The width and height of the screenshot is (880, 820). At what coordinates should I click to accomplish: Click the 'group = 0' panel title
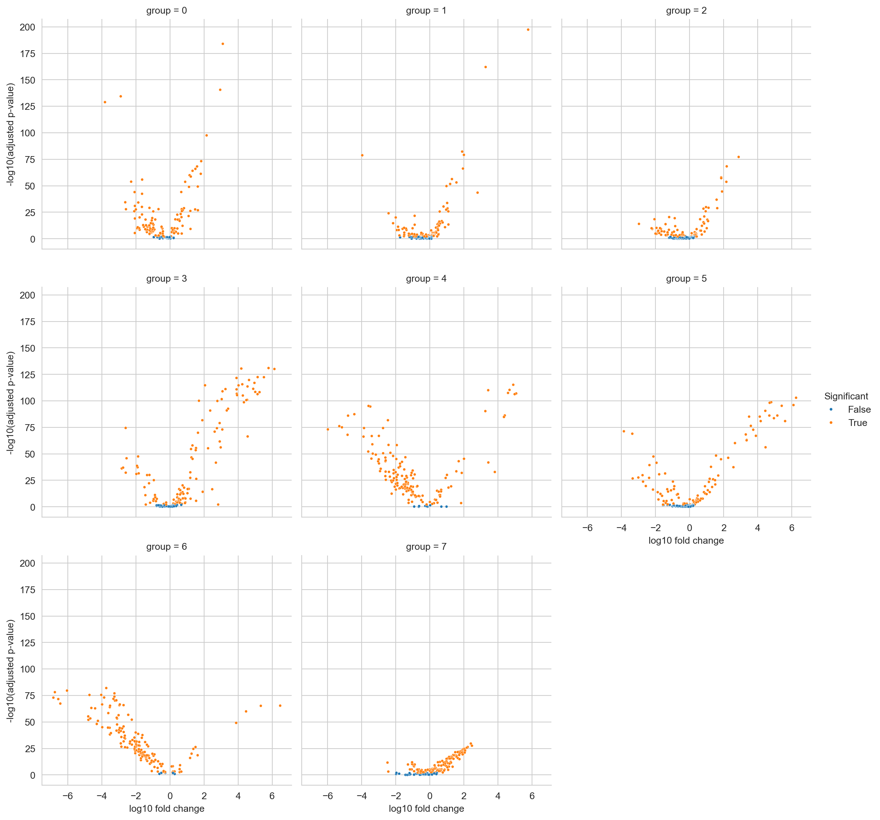tap(166, 11)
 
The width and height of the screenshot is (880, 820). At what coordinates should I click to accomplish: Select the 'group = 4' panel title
tap(426, 278)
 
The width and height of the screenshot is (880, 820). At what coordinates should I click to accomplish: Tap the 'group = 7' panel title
tap(426, 547)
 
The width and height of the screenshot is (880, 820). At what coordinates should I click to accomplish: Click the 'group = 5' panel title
tap(686, 278)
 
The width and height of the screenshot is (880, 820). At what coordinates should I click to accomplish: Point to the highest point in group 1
tap(528, 30)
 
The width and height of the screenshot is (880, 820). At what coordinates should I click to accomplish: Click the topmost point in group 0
tap(223, 44)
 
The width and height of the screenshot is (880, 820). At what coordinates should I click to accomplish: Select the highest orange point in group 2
tap(738, 157)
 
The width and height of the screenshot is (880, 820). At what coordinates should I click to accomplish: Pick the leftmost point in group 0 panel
tap(105, 102)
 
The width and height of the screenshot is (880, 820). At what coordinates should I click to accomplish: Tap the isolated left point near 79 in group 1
tap(362, 155)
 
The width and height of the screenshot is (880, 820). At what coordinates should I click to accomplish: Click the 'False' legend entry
tap(859, 409)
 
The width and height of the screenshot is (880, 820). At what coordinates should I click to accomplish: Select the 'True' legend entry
tap(857, 423)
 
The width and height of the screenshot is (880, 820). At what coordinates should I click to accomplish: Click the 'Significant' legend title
tap(846, 396)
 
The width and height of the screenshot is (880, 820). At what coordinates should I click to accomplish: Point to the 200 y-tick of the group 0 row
tap(28, 27)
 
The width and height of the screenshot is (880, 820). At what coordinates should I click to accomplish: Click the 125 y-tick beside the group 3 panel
tap(28, 375)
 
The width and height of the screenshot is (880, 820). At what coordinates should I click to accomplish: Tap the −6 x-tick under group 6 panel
tap(67, 796)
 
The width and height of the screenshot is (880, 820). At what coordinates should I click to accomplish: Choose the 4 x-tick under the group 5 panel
tap(757, 528)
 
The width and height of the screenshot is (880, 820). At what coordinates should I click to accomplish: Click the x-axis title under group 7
tap(426, 809)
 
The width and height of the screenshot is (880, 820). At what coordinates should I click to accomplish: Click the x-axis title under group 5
tap(686, 540)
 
